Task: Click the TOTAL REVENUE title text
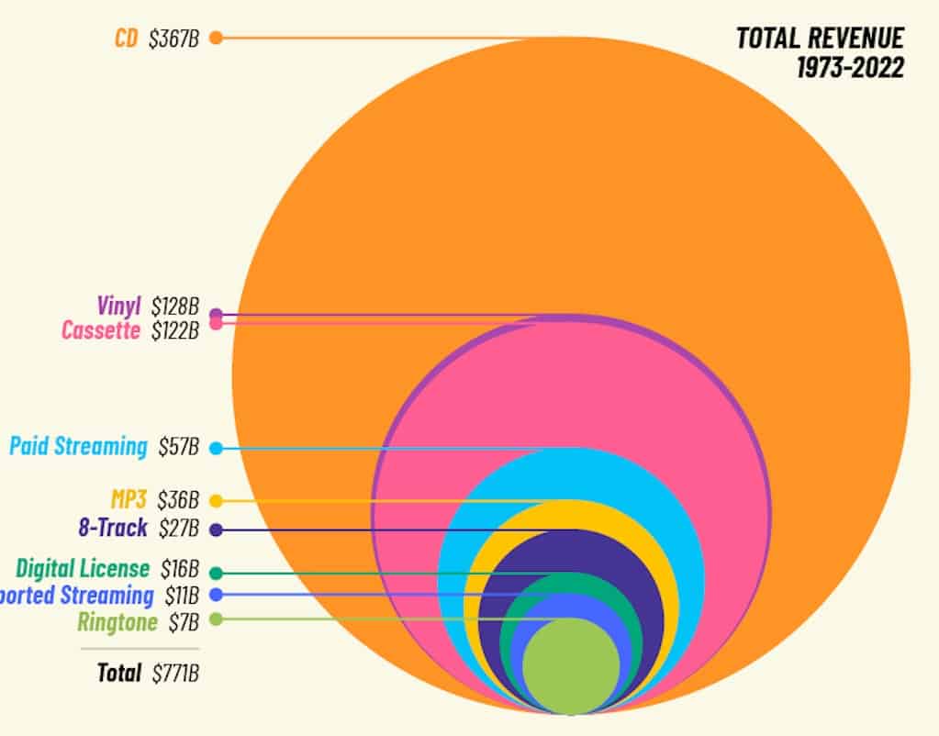819,39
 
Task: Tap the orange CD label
126,39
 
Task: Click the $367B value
173,39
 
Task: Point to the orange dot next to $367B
216,38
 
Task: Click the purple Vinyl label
118,306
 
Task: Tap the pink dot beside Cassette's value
216,324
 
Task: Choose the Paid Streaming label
78,447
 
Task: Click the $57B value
178,447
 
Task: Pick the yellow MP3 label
128,501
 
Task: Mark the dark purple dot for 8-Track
216,530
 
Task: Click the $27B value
178,529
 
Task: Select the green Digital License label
82,569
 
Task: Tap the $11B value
181,595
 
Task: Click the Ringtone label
117,622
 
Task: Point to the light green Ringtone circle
571,665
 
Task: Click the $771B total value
175,674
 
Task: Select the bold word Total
119,674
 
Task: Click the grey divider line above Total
139,649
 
